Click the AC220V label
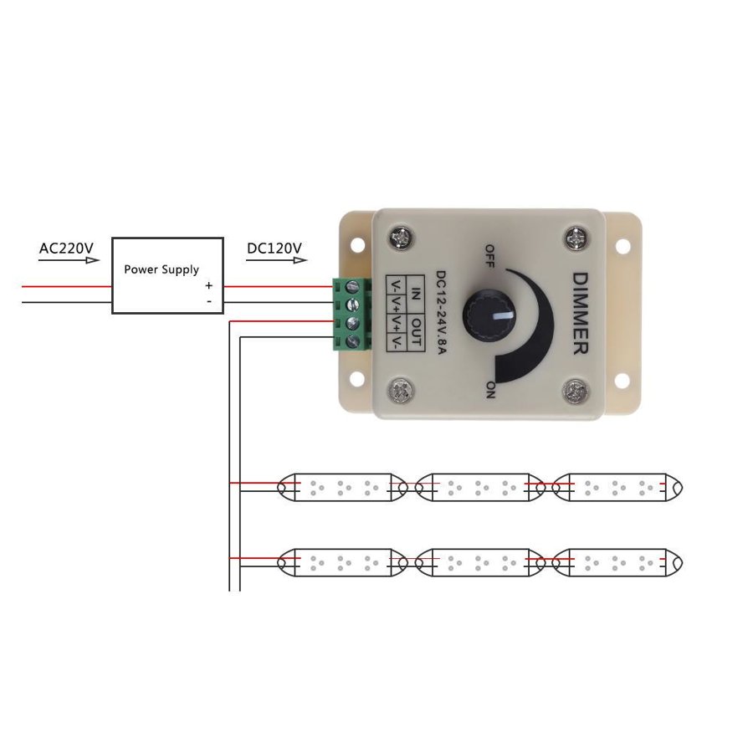pyautogui.click(x=66, y=248)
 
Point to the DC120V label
pyautogui.click(x=274, y=248)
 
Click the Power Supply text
pyautogui.click(x=161, y=269)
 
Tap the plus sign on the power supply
pyautogui.click(x=209, y=285)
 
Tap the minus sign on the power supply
pyautogui.click(x=209, y=300)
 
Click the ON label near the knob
pyautogui.click(x=489, y=389)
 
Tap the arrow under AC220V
pyautogui.click(x=69, y=260)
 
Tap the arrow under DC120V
pyautogui.click(x=276, y=260)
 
